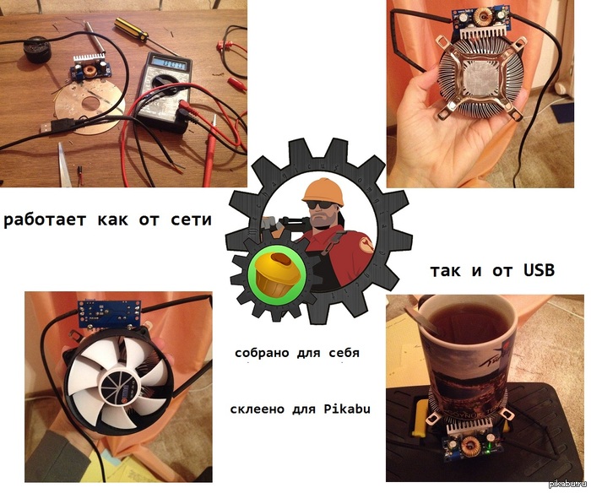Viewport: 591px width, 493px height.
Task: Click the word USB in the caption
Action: point(539,270)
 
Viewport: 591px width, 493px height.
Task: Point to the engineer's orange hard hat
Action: point(323,191)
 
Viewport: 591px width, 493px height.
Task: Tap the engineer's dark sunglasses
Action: point(320,205)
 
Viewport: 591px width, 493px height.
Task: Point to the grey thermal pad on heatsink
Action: point(479,78)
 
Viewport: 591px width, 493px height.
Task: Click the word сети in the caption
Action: point(191,219)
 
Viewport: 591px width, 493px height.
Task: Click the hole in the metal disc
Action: point(90,103)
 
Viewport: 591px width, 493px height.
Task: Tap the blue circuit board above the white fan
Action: point(109,313)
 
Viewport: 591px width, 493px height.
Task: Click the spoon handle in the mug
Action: point(420,319)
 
